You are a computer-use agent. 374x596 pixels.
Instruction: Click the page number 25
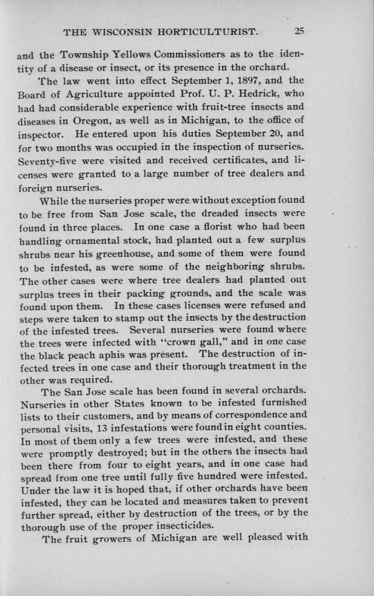[299, 31]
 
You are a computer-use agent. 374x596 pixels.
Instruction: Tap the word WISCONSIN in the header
[125, 32]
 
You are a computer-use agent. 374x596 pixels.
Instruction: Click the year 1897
[244, 80]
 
